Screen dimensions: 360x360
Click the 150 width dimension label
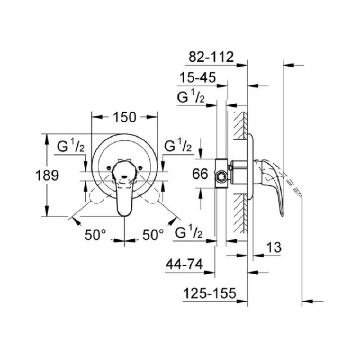[x=125, y=117]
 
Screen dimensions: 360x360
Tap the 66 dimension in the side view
[x=201, y=174]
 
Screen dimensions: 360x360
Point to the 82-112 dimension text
[x=212, y=57]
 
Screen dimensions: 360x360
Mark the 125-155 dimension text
[x=210, y=293]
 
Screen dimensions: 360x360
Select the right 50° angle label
[x=153, y=235]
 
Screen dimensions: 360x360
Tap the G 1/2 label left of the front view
[x=71, y=147]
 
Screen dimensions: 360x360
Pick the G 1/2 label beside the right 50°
[x=189, y=233]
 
